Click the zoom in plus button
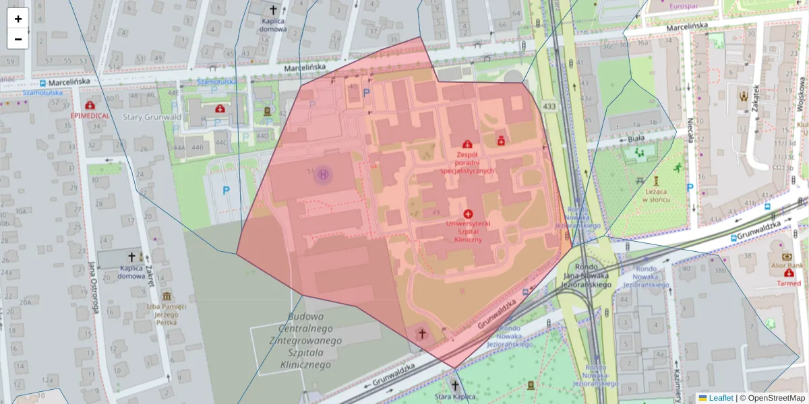point(18,19)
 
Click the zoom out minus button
point(18,39)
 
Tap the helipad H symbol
point(324,176)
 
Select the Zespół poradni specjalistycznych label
point(467,162)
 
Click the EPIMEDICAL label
point(90,115)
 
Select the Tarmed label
point(789,283)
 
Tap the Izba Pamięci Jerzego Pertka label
point(167,314)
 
